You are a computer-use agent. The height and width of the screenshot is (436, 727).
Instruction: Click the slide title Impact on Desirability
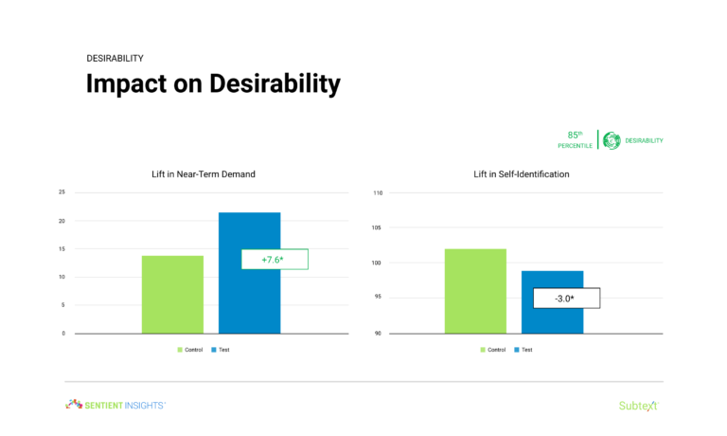213,83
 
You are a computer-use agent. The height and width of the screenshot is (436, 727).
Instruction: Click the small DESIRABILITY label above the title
115,58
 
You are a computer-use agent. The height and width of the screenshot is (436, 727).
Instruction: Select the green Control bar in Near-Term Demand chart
172,295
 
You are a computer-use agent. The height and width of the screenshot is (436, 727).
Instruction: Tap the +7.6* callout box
274,259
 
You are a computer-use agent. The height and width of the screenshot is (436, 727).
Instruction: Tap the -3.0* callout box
565,298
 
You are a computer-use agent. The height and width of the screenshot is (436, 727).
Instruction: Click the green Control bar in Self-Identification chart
475,291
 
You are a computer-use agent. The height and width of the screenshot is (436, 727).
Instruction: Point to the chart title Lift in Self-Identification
522,174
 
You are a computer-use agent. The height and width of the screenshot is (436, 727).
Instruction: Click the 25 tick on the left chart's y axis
62,192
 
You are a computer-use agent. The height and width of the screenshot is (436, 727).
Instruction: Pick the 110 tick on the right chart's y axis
376,193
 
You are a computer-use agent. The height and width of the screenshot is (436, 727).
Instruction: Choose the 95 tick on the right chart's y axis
378,298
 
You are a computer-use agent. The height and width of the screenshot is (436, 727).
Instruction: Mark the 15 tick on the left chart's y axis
62,249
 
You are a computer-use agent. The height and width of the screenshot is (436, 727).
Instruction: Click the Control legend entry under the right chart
491,350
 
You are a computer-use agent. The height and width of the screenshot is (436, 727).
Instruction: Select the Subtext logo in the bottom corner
638,406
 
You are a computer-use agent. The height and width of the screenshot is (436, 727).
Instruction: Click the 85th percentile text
575,140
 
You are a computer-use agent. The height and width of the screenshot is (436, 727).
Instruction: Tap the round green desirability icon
612,140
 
